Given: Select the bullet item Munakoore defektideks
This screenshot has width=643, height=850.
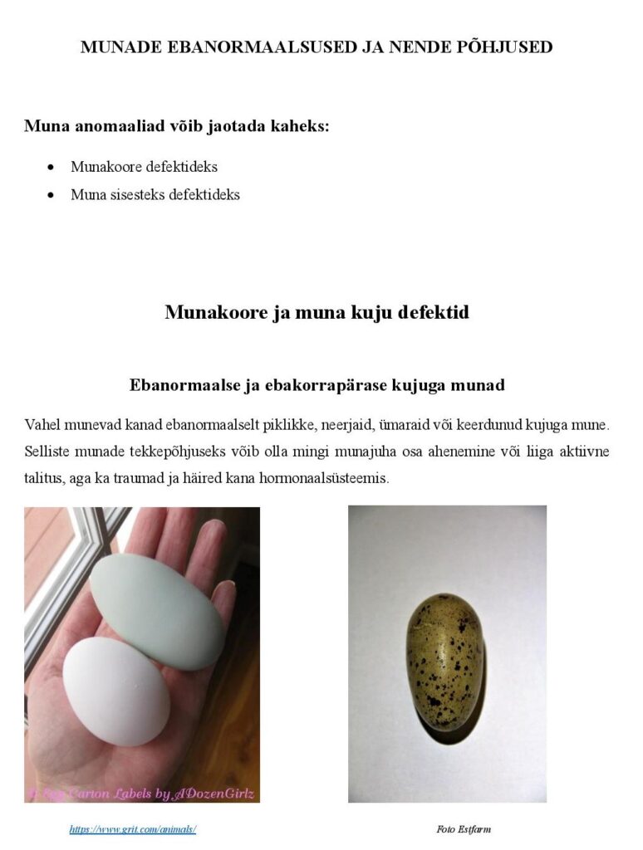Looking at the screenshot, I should tap(144, 167).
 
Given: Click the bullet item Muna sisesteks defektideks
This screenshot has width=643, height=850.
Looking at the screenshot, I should tap(155, 195).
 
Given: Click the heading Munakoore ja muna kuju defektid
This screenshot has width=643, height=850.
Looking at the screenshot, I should tap(317, 312).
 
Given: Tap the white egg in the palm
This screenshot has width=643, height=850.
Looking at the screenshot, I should tap(116, 691).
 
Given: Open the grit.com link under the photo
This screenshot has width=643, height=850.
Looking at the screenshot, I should tap(133, 829).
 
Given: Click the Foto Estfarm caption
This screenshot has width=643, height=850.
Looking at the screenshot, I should tap(464, 829).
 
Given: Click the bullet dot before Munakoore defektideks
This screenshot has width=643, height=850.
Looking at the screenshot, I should tap(52, 168).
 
